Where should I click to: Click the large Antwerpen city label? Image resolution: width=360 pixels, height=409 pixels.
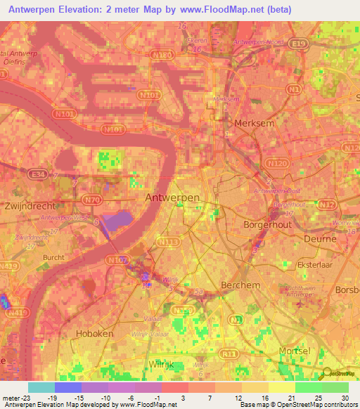pyautogui.click(x=172, y=198)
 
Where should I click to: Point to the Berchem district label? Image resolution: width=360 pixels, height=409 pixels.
pyautogui.click(x=240, y=285)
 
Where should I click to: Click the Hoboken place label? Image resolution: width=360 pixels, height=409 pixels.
pyautogui.click(x=94, y=334)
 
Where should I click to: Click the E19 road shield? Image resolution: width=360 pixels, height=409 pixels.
pyautogui.click(x=302, y=44)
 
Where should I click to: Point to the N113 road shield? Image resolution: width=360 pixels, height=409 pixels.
pyautogui.click(x=168, y=241)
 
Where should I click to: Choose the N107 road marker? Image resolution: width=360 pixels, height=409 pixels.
pyautogui.click(x=120, y=261)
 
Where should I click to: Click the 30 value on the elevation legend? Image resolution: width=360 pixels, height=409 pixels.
pyautogui.click(x=345, y=398)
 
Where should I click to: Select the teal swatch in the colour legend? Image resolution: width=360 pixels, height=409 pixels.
pyautogui.click(x=41, y=387)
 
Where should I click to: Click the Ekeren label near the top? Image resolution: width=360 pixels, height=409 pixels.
pyautogui.click(x=197, y=41)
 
